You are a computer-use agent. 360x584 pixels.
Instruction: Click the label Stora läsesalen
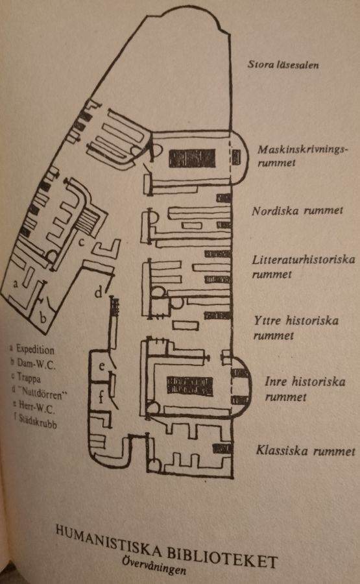pyautogui.click(x=283, y=65)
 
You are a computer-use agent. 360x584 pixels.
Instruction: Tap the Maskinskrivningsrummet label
pyautogui.click(x=302, y=156)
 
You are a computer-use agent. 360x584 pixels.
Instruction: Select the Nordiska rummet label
pyautogui.click(x=297, y=211)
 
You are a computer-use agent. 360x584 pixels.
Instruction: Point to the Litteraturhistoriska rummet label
pyautogui.click(x=304, y=267)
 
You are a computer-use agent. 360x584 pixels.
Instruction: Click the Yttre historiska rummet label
pyautogui.click(x=296, y=328)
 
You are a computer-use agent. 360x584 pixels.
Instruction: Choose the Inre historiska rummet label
pyautogui.click(x=305, y=389)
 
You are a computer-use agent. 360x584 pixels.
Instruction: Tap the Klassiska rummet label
pyautogui.click(x=306, y=451)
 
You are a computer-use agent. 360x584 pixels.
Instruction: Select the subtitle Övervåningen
pyautogui.click(x=154, y=565)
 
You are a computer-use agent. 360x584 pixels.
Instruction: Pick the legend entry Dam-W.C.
pyautogui.click(x=33, y=363)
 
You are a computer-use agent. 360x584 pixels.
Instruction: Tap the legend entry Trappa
pyautogui.click(x=26, y=377)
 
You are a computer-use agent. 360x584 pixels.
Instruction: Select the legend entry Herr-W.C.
pyautogui.click(x=34, y=407)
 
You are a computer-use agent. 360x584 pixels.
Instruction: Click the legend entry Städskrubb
pyautogui.click(x=36, y=421)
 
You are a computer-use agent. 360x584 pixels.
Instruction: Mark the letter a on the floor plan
pyautogui.click(x=16, y=284)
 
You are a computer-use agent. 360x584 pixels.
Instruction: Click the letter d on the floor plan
pyautogui.click(x=98, y=292)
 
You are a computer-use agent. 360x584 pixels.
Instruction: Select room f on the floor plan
pyautogui.click(x=101, y=396)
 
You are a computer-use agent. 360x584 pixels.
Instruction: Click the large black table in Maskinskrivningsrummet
pyautogui.click(x=192, y=158)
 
